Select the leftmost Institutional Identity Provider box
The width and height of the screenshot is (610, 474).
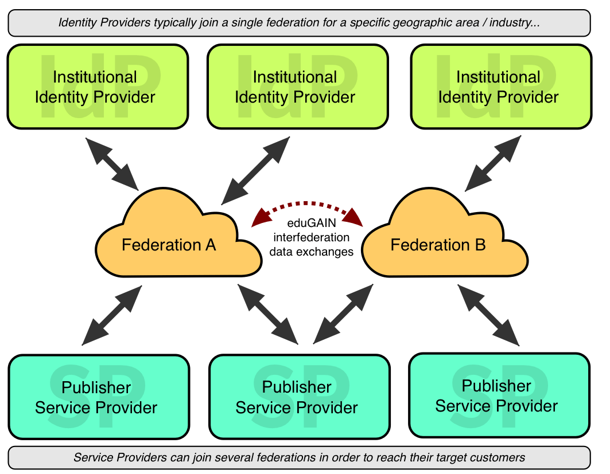pyautogui.click(x=98, y=86)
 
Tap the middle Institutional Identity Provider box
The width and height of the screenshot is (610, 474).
pyautogui.click(x=297, y=86)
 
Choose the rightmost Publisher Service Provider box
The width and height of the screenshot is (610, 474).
pyautogui.click(x=499, y=395)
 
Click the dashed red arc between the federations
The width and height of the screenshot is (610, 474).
pyautogui.click(x=308, y=204)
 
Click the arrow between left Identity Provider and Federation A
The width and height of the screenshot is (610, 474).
pyautogui.click(x=113, y=163)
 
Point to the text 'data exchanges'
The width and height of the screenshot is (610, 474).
pyautogui.click(x=313, y=252)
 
